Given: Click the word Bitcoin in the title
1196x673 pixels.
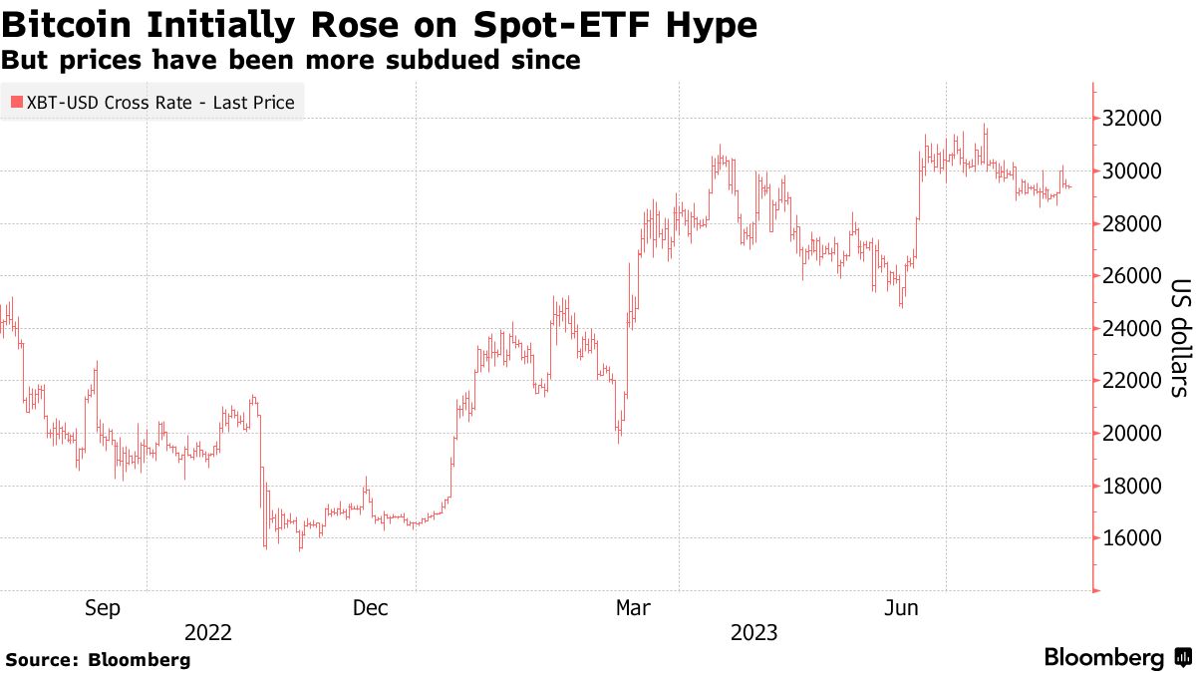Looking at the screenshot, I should pos(68,24).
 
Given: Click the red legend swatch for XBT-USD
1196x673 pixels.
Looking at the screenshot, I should pos(16,103).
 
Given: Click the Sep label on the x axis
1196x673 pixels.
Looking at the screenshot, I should pos(103,607).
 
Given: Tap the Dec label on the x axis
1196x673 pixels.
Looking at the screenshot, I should pos(371,607).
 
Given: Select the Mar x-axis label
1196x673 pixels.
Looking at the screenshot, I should pos(634,607).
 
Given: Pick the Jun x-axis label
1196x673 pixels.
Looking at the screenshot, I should pos(901,607).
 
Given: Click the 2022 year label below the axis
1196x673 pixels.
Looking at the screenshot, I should pos(208,633).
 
